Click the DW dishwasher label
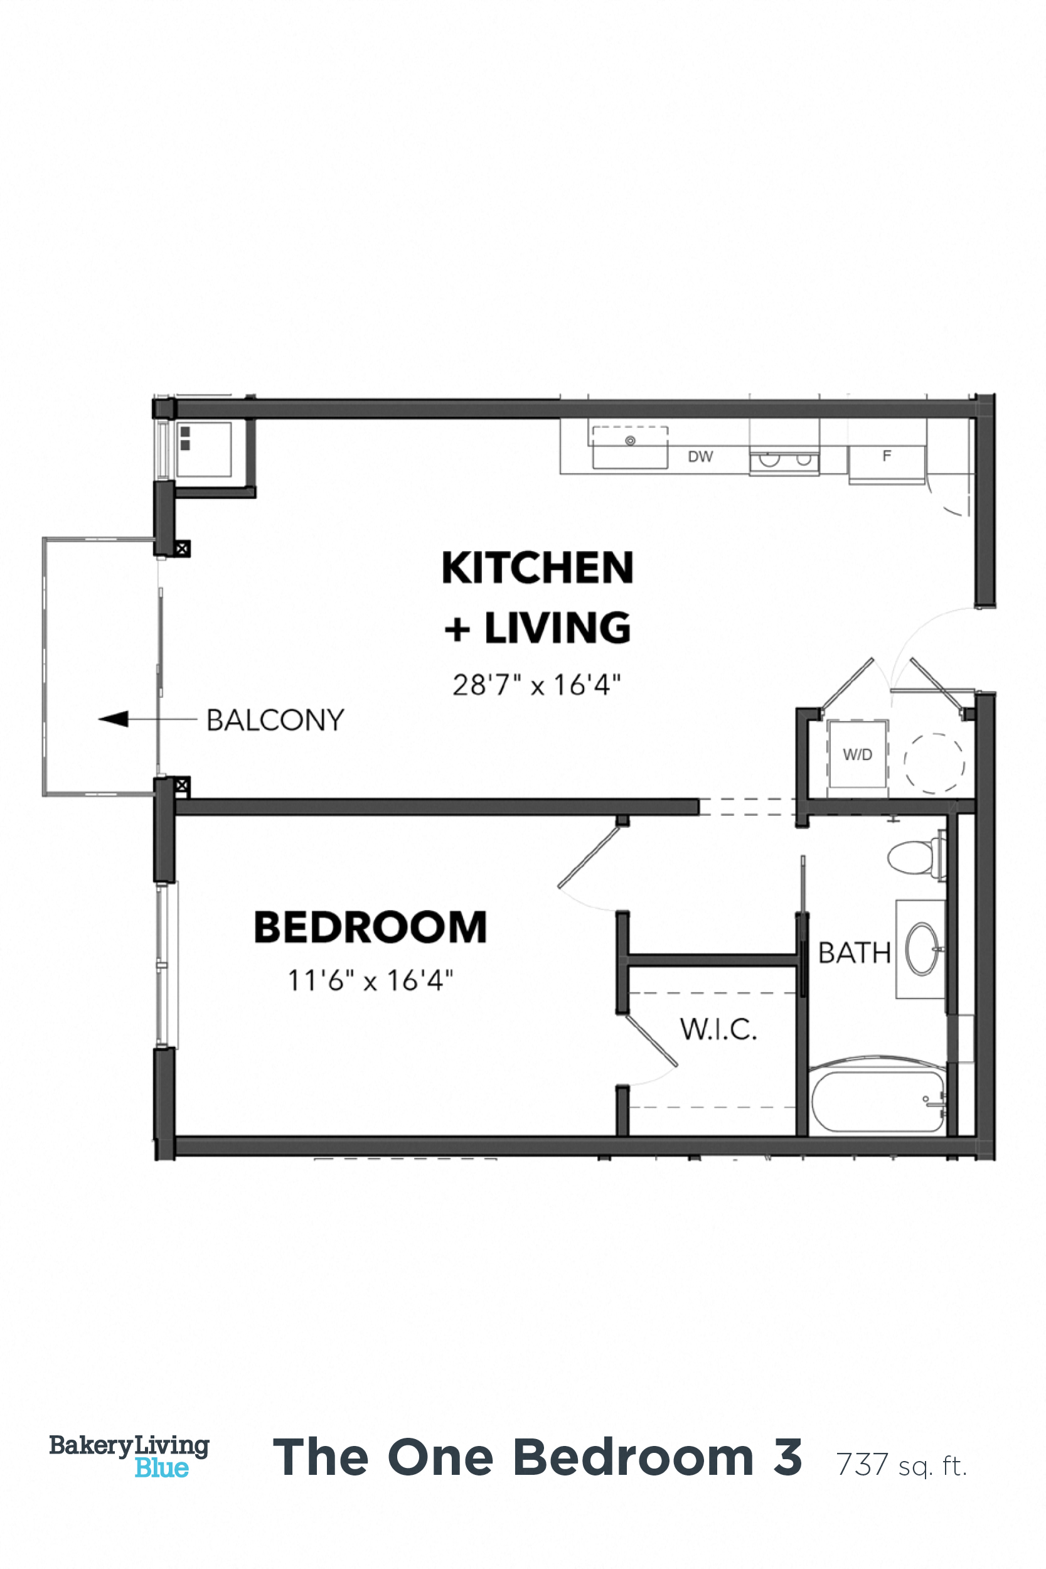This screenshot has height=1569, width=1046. [x=700, y=457]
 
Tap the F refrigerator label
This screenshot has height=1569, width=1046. [x=887, y=456]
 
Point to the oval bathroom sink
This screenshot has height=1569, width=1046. [x=922, y=948]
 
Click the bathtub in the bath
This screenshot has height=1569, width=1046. [x=877, y=1101]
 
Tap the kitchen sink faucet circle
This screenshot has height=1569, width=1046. [x=630, y=441]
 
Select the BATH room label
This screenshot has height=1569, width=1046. [x=854, y=953]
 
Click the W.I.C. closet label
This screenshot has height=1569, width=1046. [x=718, y=1029]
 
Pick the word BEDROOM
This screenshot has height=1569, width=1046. [x=370, y=927]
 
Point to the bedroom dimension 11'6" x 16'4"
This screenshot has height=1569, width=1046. [x=370, y=980]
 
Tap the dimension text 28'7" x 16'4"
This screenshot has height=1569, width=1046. [x=536, y=685]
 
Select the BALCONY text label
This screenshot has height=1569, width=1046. [x=275, y=720]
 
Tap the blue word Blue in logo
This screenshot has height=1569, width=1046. [x=161, y=1467]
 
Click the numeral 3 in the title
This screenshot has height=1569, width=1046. [x=787, y=1457]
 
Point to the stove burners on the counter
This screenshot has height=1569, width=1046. [x=784, y=460]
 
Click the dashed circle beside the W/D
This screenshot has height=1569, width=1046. [x=934, y=763]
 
